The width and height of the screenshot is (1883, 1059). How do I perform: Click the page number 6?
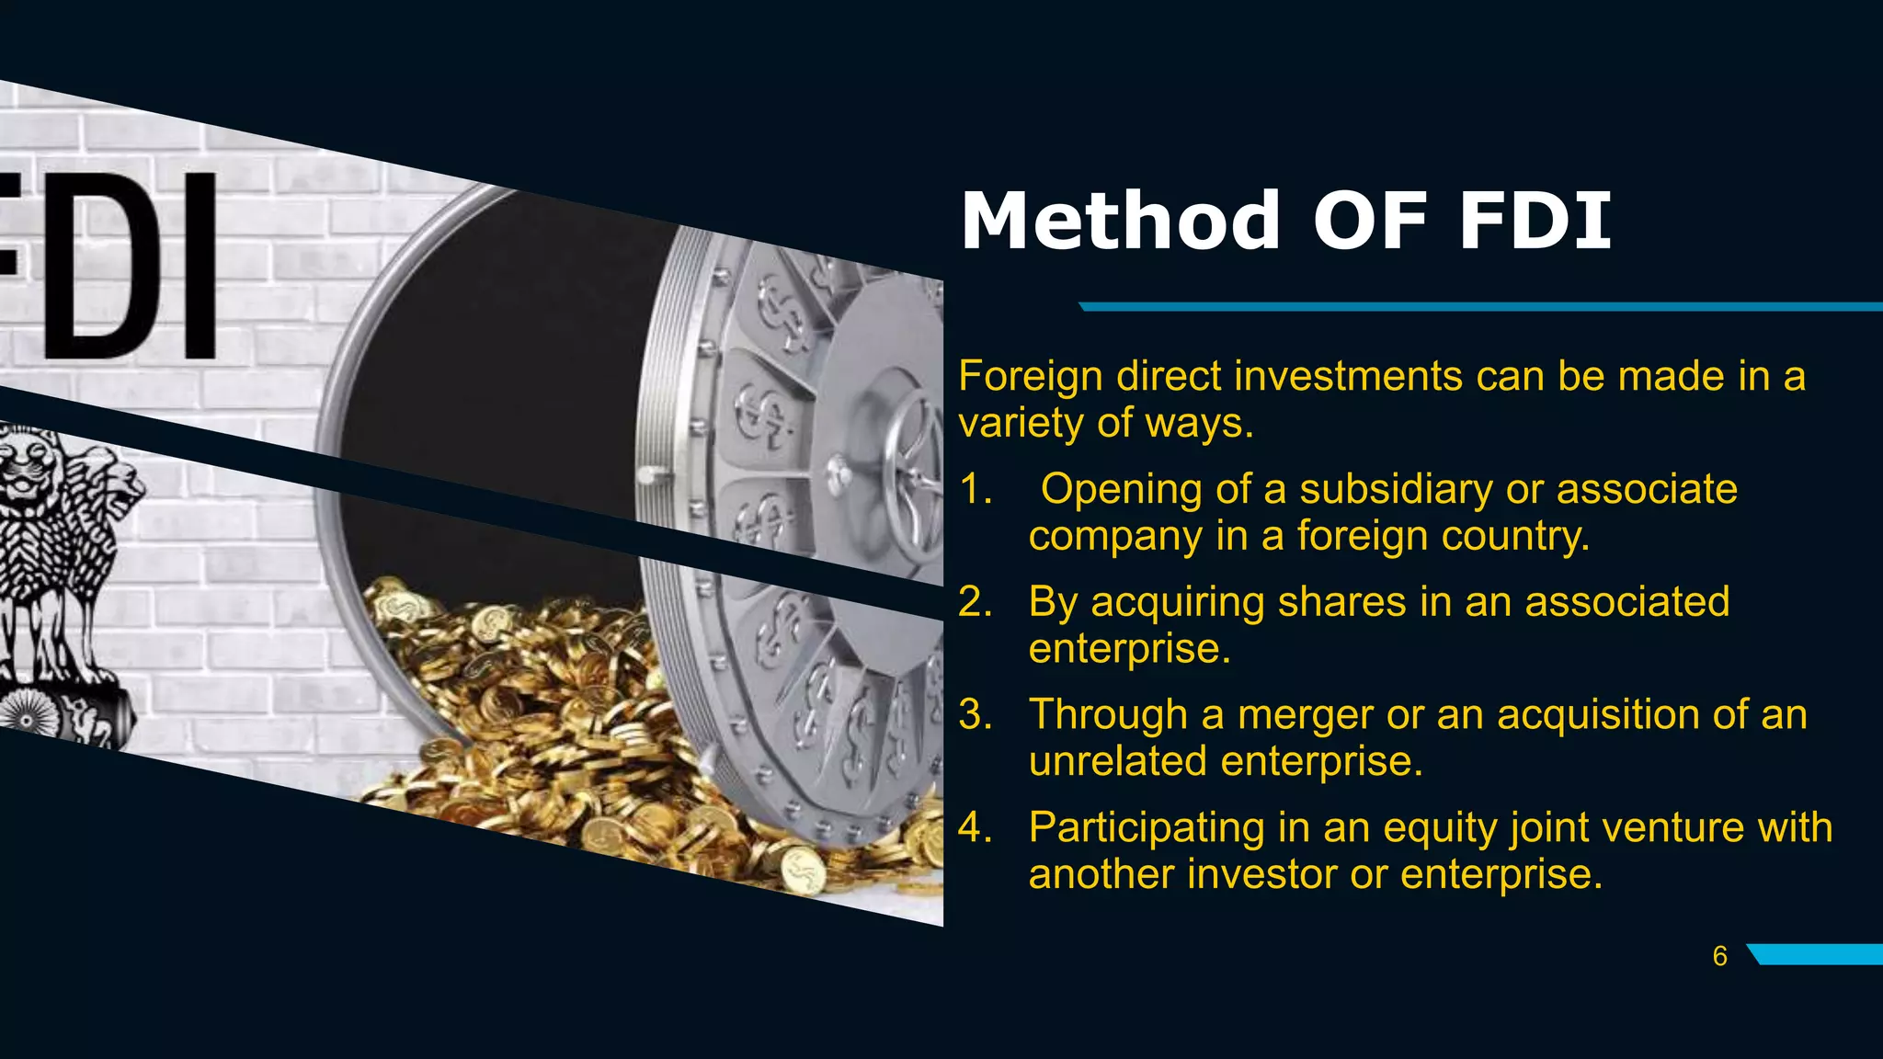(1719, 956)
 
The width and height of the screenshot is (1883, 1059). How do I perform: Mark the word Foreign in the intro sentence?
(1031, 376)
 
